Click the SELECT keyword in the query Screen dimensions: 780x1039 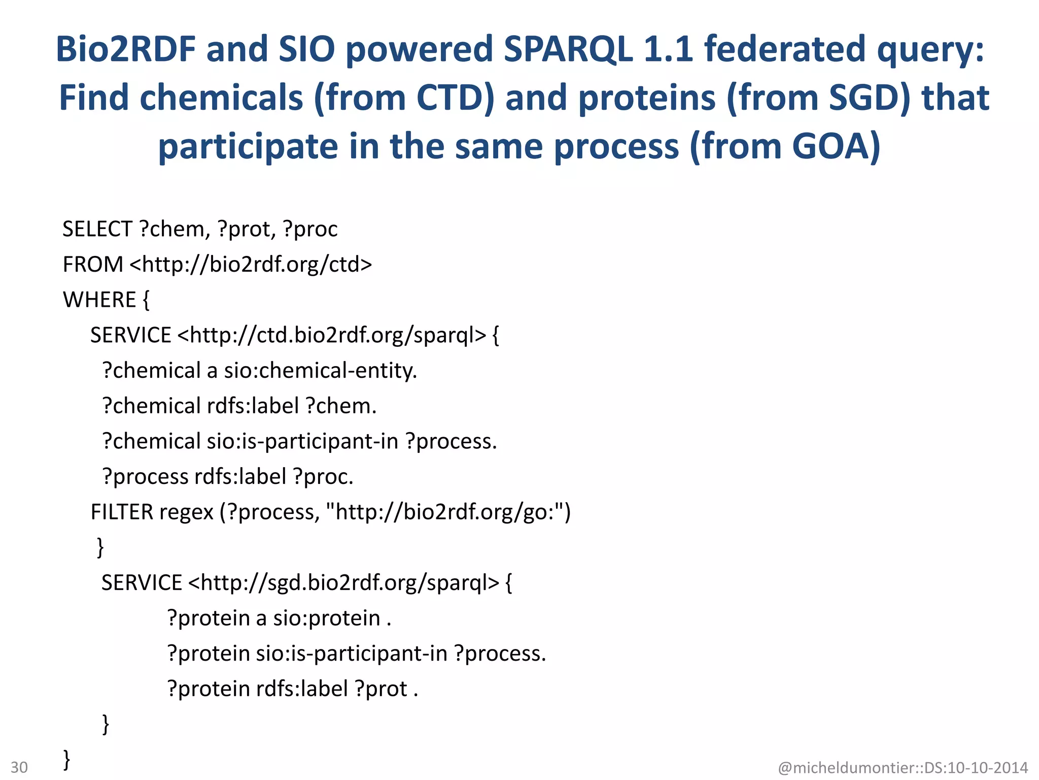[x=97, y=230]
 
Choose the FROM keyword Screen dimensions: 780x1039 [x=93, y=265]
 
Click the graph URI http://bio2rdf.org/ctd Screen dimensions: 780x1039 [x=251, y=265]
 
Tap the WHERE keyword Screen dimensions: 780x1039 [x=99, y=300]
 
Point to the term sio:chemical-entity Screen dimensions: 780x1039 [x=320, y=371]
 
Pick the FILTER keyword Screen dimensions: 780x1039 [x=122, y=512]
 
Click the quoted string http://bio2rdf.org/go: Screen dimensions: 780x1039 [x=446, y=512]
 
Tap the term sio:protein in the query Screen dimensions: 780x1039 [x=326, y=619]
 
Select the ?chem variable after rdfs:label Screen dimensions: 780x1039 [x=340, y=406]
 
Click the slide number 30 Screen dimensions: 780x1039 [x=19, y=767]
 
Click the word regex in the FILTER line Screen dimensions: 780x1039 [x=186, y=512]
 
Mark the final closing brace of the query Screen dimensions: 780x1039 [x=66, y=760]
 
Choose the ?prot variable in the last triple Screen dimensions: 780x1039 [x=381, y=689]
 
